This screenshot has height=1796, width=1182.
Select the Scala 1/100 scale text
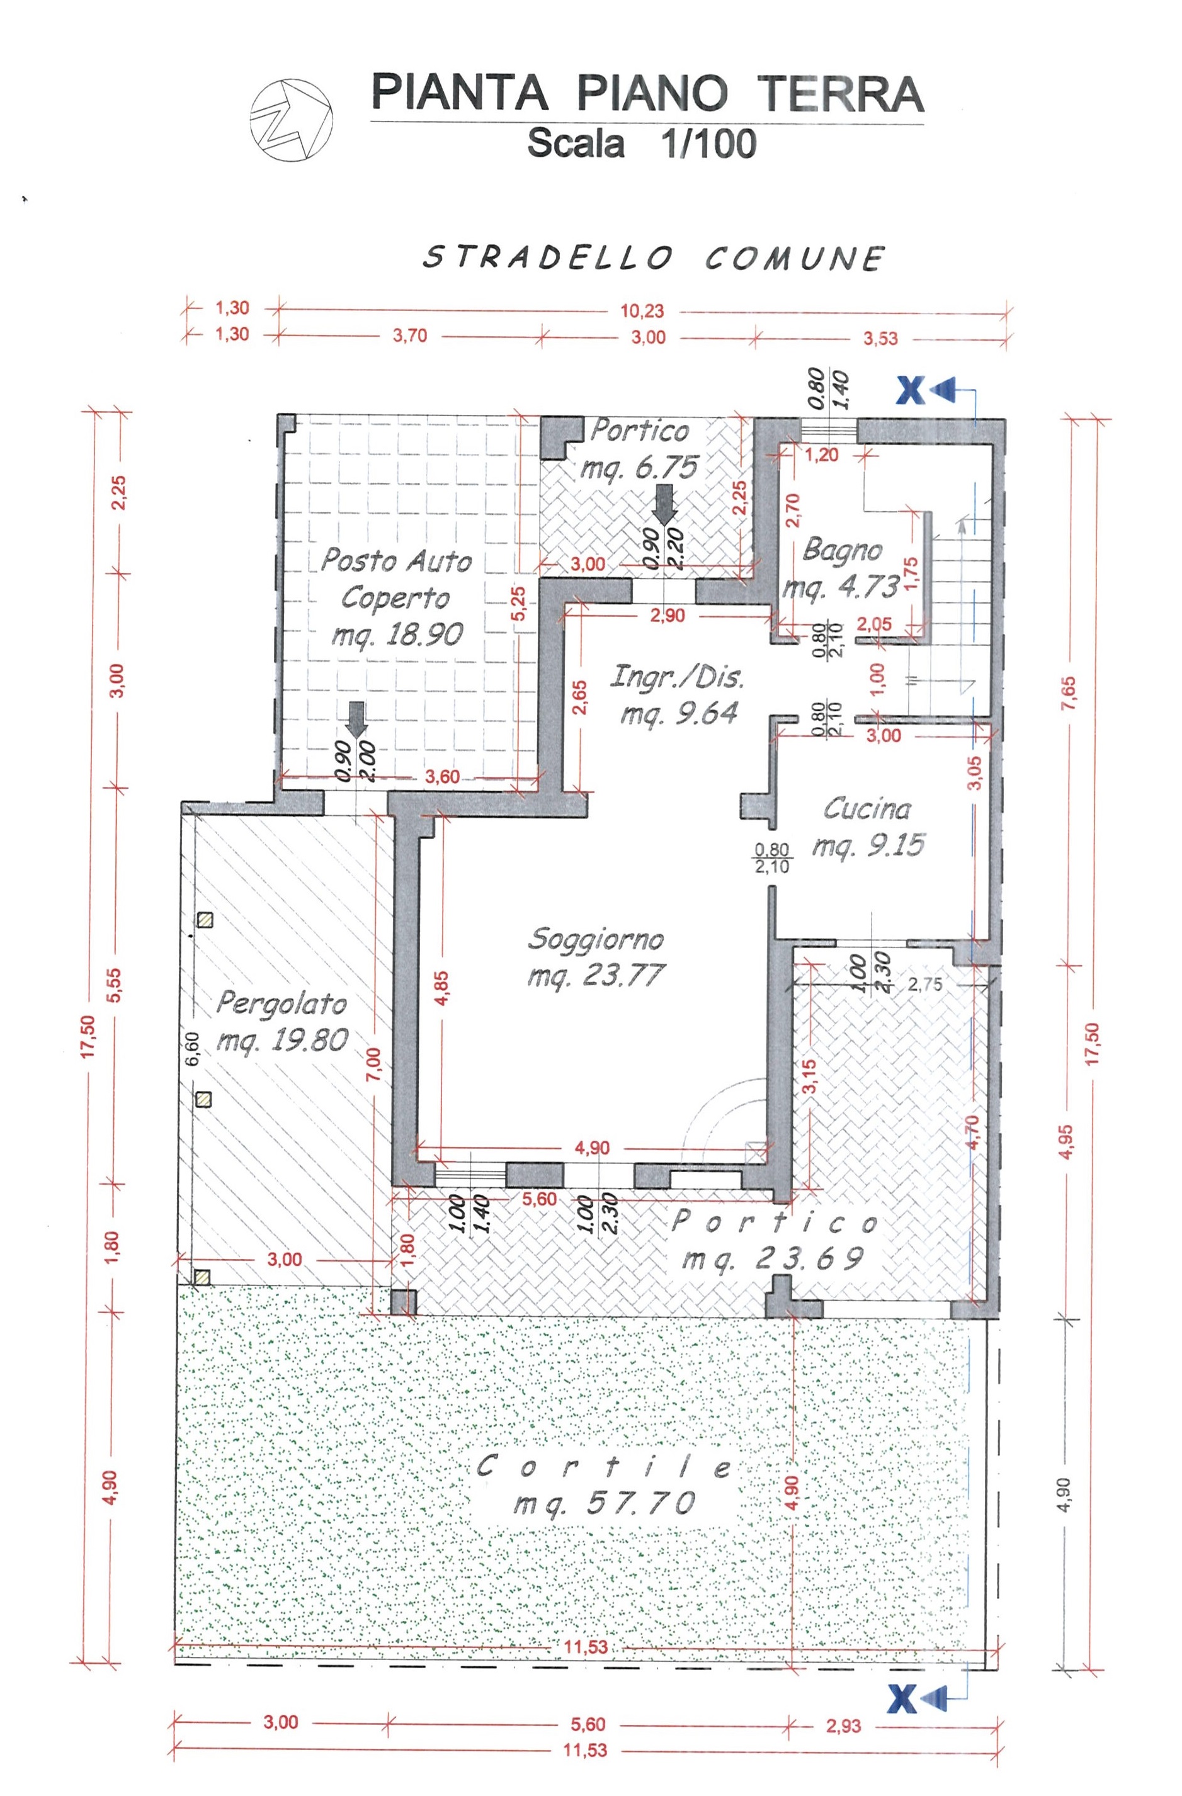642,144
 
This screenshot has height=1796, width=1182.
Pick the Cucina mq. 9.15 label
867,827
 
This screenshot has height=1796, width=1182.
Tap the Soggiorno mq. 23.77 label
596,956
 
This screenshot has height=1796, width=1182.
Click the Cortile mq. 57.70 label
604,1484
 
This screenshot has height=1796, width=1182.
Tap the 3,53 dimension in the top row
881,338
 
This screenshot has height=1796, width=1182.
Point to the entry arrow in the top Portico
664,504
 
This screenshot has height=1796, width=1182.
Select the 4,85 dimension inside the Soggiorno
441,988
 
